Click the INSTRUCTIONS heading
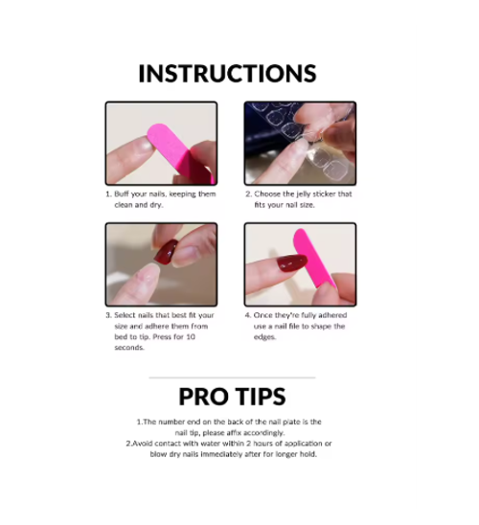tap(227, 74)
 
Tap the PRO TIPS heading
tap(232, 397)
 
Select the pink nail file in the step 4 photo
tap(313, 258)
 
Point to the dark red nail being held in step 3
tap(166, 253)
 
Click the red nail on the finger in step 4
tap(292, 262)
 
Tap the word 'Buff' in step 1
tap(122, 194)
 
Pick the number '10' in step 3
tap(190, 337)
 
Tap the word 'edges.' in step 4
tap(264, 337)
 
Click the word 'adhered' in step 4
tap(332, 315)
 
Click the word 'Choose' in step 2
tap(265, 194)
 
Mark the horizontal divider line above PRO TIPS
tap(232, 377)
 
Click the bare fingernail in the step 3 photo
tap(148, 274)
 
